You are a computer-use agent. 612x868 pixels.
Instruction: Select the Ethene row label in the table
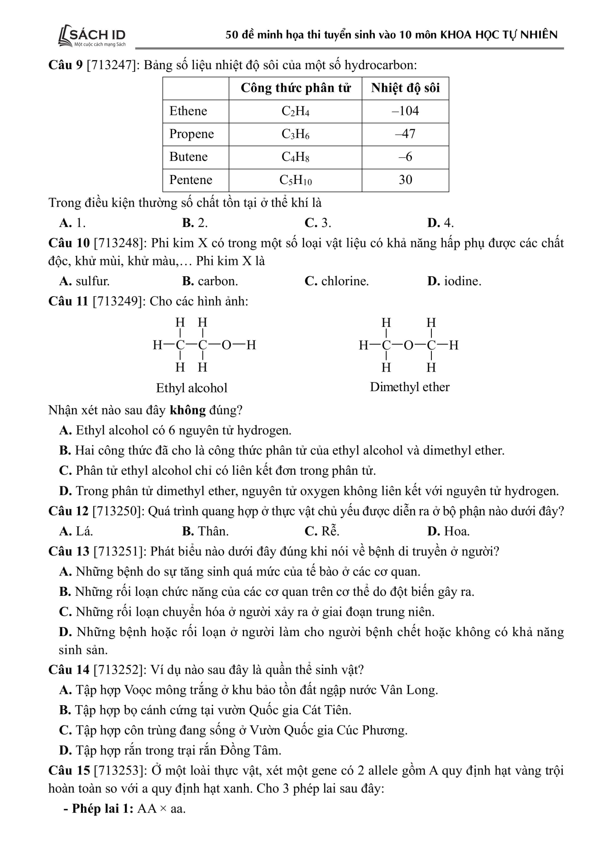(x=188, y=111)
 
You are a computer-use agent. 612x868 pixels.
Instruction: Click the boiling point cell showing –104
(x=405, y=111)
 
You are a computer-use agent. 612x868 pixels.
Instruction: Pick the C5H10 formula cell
(x=295, y=180)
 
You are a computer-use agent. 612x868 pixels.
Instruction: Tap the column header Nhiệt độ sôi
(x=405, y=88)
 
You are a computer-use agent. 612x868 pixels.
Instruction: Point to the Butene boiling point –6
(x=405, y=157)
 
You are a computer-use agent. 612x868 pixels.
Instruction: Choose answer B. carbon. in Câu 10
(x=210, y=281)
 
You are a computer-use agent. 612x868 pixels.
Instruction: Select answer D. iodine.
(x=454, y=281)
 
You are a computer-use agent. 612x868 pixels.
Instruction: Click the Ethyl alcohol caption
(x=191, y=388)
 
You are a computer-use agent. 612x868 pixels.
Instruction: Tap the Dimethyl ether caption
(x=410, y=387)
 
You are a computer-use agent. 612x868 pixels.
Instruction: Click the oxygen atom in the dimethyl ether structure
(x=408, y=346)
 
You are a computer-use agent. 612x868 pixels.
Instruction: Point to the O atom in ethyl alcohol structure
(x=226, y=345)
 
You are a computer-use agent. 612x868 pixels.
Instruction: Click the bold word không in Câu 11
(x=188, y=410)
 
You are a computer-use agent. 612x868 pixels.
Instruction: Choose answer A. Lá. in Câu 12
(x=76, y=531)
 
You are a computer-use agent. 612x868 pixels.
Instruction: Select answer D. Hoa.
(x=448, y=531)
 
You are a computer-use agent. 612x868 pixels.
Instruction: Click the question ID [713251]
(x=119, y=552)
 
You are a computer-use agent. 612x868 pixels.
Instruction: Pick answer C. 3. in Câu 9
(x=318, y=223)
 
